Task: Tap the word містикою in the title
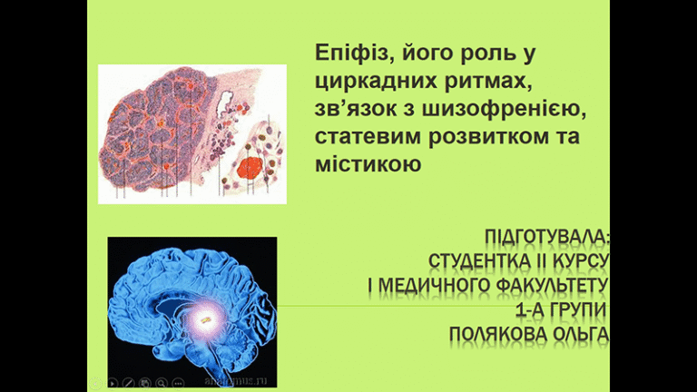368,164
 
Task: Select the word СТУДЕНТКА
479,261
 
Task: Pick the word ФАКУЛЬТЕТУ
551,285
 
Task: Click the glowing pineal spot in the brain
204,318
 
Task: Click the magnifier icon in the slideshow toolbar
162,383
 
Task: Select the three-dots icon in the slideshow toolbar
178,383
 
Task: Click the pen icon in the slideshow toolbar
129,383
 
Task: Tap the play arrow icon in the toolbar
113,383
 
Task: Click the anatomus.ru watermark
236,381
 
